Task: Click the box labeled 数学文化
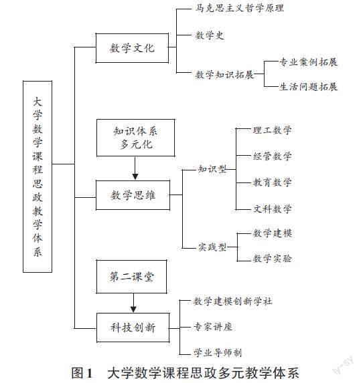coord(132,48)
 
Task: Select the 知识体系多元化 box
coord(136,138)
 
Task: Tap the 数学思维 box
coord(133,195)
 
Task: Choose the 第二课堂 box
coord(132,277)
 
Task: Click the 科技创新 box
coord(133,328)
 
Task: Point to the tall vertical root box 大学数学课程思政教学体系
coord(38,176)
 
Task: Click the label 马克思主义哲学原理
coord(240,8)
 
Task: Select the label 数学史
coord(210,35)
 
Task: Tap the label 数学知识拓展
coord(224,74)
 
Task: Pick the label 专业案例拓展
coord(308,62)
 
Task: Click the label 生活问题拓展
coord(308,87)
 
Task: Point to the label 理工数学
coord(272,130)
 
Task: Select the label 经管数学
coord(272,156)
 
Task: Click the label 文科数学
coord(272,209)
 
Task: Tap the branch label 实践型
coord(212,247)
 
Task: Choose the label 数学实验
coord(272,259)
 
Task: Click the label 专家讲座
coord(213,327)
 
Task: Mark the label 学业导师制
coord(218,353)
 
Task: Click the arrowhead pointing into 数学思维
coord(135,176)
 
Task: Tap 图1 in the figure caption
coord(82,373)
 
